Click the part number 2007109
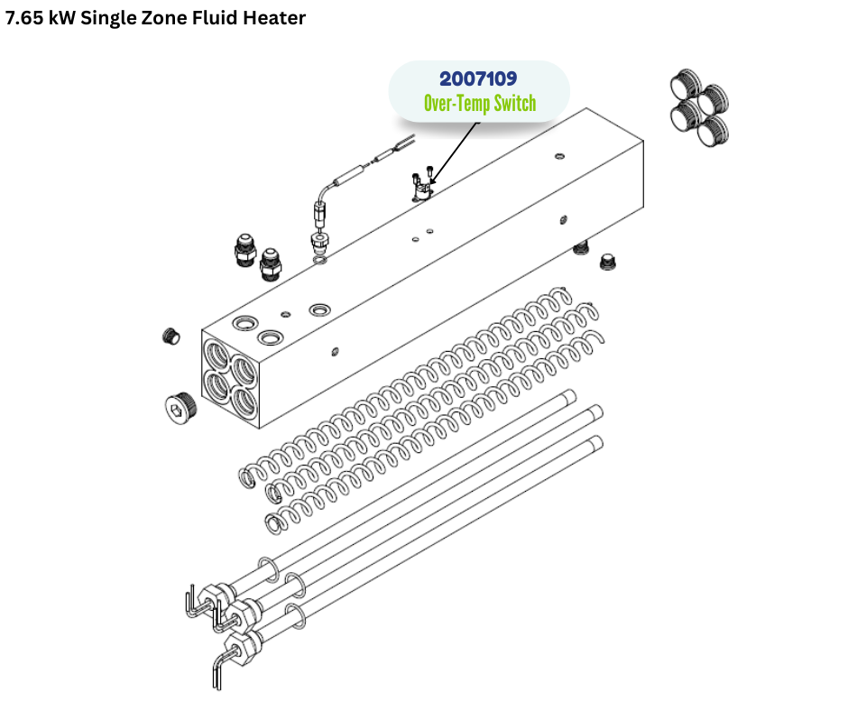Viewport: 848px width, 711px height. point(478,79)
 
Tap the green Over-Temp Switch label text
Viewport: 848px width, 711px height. point(480,103)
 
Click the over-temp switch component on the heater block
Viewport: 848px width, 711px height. point(423,187)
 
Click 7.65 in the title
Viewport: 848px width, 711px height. point(24,18)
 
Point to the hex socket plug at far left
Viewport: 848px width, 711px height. point(180,405)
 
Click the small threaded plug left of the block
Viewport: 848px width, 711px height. point(171,336)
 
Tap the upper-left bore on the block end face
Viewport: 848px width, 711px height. point(217,355)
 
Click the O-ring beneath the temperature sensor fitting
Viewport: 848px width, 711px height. point(320,261)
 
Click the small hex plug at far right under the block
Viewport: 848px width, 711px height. point(608,263)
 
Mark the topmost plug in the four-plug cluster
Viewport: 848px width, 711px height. point(686,83)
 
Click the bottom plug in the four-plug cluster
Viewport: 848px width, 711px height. point(713,131)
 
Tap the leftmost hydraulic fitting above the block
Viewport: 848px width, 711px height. point(245,249)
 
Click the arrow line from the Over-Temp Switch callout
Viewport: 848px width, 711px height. point(455,153)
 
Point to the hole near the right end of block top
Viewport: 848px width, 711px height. point(559,156)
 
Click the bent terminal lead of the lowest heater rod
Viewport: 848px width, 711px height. point(221,669)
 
